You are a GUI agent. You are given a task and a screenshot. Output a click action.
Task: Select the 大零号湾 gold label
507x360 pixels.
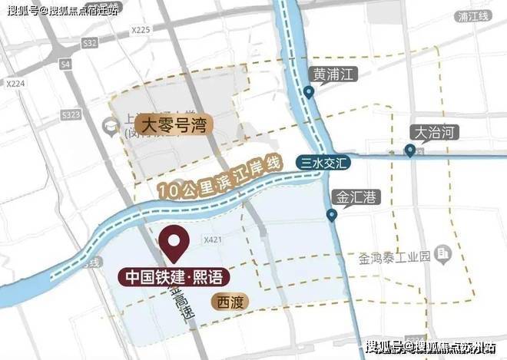click(x=174, y=121)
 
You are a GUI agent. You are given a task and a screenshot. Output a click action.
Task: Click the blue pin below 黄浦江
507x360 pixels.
click(x=309, y=93)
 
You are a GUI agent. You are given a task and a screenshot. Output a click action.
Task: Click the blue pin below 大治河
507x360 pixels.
click(x=411, y=151)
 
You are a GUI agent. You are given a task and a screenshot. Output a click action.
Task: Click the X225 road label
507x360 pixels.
click(x=141, y=30)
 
